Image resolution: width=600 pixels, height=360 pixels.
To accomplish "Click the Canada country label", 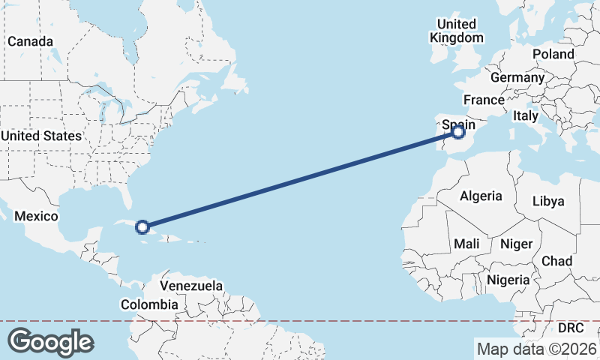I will [x=31, y=41].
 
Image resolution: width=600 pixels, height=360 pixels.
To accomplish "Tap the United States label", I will [x=40, y=136].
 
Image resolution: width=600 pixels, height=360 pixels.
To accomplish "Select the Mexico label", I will [x=37, y=216].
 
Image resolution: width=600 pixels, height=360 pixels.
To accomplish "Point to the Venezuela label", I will [x=193, y=286].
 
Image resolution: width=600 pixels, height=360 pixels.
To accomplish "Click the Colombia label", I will [x=150, y=304].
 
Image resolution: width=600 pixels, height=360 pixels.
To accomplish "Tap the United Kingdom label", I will [x=456, y=31].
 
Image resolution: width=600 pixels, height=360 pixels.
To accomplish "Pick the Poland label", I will [x=553, y=54].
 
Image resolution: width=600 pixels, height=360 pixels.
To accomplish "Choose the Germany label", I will [x=517, y=77].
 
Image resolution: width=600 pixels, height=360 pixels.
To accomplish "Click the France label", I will [x=484, y=100].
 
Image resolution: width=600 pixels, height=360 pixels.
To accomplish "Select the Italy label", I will [x=526, y=116].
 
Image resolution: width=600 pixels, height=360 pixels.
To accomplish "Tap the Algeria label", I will [x=481, y=196].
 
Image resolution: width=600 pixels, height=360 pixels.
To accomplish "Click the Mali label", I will [x=466, y=244].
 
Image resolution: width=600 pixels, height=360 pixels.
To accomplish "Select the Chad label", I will [x=557, y=261].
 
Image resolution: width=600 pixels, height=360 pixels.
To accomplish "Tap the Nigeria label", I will [x=508, y=280].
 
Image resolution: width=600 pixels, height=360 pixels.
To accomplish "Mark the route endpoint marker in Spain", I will [x=459, y=132].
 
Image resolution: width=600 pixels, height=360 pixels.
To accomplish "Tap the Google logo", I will [x=50, y=342].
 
